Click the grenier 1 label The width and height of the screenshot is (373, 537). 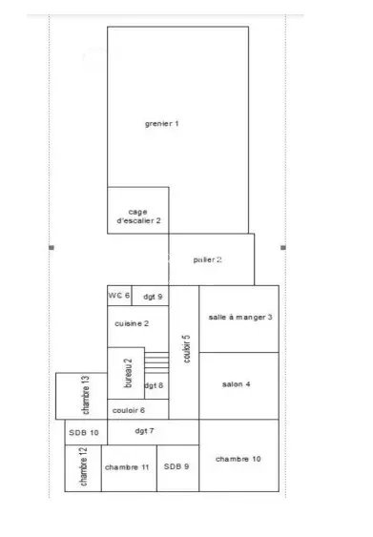pyautogui.click(x=161, y=124)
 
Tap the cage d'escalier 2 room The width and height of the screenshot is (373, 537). pyautogui.click(x=138, y=210)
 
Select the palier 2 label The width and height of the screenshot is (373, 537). pyautogui.click(x=207, y=260)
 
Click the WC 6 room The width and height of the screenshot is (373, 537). pyautogui.click(x=119, y=296)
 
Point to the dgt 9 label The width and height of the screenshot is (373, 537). pyautogui.click(x=153, y=297)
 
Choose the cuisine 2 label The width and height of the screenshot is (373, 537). pyautogui.click(x=132, y=323)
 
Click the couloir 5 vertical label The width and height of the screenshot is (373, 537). pyautogui.click(x=186, y=349)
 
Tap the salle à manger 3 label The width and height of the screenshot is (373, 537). pyautogui.click(x=240, y=317)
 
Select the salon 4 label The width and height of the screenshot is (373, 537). pyautogui.click(x=236, y=384)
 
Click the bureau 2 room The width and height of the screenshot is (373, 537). pyautogui.click(x=126, y=373)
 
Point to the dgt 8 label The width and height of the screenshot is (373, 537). pyautogui.click(x=154, y=385)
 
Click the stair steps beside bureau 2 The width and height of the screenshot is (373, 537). pyautogui.click(x=156, y=362)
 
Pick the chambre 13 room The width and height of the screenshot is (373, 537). pyautogui.click(x=81, y=396)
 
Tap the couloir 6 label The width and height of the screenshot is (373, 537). pyautogui.click(x=129, y=410)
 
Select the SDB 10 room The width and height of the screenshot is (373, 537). pyautogui.click(x=86, y=432)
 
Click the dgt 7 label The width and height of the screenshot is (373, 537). pyautogui.click(x=144, y=431)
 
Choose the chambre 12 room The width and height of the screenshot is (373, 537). pyautogui.click(x=83, y=468)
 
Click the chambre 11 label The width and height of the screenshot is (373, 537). pyautogui.click(x=127, y=467)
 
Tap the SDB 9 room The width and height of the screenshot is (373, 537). pyautogui.click(x=177, y=468)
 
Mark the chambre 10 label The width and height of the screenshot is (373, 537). pyautogui.click(x=238, y=459)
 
